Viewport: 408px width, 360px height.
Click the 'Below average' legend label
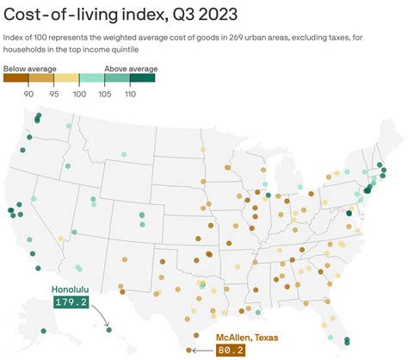30,67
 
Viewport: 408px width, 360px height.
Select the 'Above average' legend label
130,67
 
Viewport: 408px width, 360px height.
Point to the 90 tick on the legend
28,94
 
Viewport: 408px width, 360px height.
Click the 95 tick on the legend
53,94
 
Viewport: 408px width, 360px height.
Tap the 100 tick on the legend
79,94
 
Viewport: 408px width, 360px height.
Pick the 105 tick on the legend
105,94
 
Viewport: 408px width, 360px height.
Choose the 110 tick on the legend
130,94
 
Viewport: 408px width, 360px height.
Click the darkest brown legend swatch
15,78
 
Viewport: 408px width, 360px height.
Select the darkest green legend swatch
143,78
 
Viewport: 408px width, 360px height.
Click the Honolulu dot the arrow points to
109,328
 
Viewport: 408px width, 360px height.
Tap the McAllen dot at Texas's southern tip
189,351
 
